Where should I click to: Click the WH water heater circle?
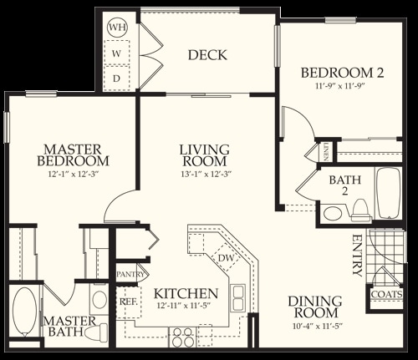pyautogui.click(x=117, y=28)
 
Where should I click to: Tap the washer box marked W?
pyautogui.click(x=116, y=53)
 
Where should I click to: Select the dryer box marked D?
pyautogui.click(x=116, y=78)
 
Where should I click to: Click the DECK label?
pyautogui.click(x=207, y=55)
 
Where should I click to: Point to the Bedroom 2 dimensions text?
pyautogui.click(x=340, y=86)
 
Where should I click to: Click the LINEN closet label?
pyautogui.click(x=326, y=152)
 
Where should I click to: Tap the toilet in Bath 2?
pyautogui.click(x=361, y=210)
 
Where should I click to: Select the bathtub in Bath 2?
pyautogui.click(x=389, y=193)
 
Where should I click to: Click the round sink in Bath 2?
pyautogui.click(x=333, y=214)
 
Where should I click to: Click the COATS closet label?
pyautogui.click(x=387, y=294)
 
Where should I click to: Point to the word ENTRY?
pyautogui.click(x=357, y=256)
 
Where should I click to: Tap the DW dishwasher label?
pyautogui.click(x=226, y=258)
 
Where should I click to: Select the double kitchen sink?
pyautogui.click(x=237, y=297)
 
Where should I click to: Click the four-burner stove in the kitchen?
pyautogui.click(x=183, y=337)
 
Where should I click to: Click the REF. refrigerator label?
pyautogui.click(x=129, y=302)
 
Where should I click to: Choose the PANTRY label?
pyautogui.click(x=130, y=274)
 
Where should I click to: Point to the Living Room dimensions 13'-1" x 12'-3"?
pyautogui.click(x=206, y=175)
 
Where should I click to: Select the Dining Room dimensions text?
pyautogui.click(x=318, y=326)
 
